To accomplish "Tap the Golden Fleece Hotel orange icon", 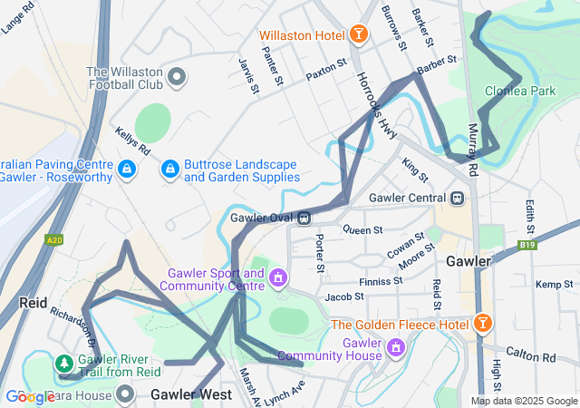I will pyautogui.click(x=483, y=324).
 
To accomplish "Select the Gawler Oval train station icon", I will pyautogui.click(x=305, y=218).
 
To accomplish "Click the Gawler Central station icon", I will pyautogui.click(x=459, y=198).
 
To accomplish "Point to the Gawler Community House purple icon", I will pyautogui.click(x=395, y=347).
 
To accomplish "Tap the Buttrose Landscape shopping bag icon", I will pyautogui.click(x=169, y=170).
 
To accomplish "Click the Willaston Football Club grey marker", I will pyautogui.click(x=177, y=77).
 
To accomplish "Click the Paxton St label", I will pyautogui.click(x=326, y=68).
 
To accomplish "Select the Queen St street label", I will pyautogui.click(x=358, y=230).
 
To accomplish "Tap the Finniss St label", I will pyautogui.click(x=381, y=281).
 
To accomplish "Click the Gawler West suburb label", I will pyautogui.click(x=191, y=395).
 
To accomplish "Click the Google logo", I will pyautogui.click(x=30, y=396).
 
